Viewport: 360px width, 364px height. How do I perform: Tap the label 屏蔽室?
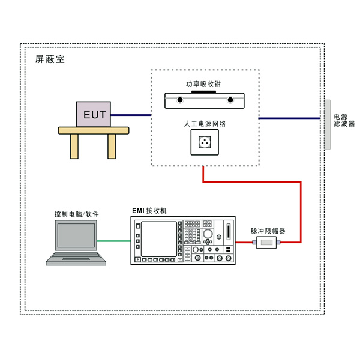point(49,59)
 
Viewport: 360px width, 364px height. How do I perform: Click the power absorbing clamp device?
point(205,100)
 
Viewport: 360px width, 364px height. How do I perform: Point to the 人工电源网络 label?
point(205,124)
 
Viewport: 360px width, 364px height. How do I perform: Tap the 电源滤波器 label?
point(344,120)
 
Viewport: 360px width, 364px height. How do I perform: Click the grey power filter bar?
point(328,124)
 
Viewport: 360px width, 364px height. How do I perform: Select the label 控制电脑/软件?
point(76,214)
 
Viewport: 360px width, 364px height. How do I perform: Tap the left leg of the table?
point(74,145)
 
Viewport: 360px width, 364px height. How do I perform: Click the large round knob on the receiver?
point(208,234)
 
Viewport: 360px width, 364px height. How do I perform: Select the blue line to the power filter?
point(291,119)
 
